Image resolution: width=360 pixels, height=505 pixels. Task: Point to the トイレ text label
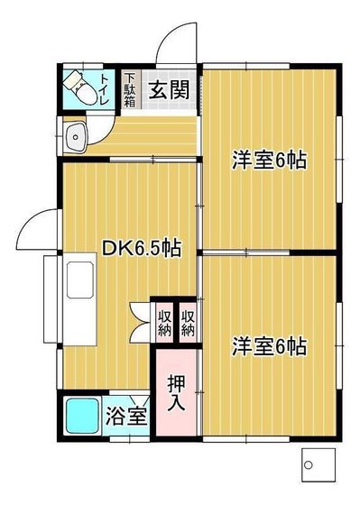click(x=106, y=89)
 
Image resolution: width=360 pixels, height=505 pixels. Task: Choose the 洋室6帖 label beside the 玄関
click(x=270, y=161)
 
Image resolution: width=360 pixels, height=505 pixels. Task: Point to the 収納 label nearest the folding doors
click(x=165, y=322)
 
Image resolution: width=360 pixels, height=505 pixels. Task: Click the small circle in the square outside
click(x=308, y=464)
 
